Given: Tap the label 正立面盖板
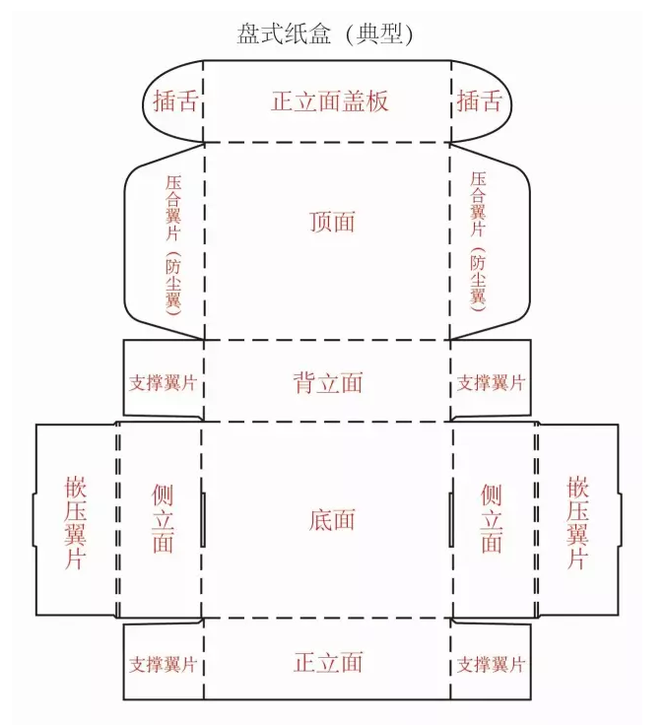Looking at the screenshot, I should [x=329, y=101].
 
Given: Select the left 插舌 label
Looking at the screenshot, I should [x=175, y=101].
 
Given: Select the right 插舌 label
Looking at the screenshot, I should [x=480, y=101].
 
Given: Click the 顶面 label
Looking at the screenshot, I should [x=331, y=223].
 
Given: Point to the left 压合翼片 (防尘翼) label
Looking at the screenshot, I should [x=174, y=240].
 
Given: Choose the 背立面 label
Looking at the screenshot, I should [x=329, y=383].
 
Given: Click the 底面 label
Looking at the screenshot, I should [x=331, y=520].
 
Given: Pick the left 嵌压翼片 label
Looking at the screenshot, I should [x=77, y=522].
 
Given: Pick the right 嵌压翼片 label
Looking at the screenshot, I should [x=578, y=522].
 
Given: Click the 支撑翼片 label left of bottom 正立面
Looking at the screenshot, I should [x=163, y=664].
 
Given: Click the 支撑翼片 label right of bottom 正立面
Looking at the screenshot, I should [x=491, y=664].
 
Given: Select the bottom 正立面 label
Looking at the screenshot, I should [x=329, y=663].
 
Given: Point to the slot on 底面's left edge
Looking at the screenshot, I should [x=204, y=520].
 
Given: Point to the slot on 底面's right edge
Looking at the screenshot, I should [x=451, y=520].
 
